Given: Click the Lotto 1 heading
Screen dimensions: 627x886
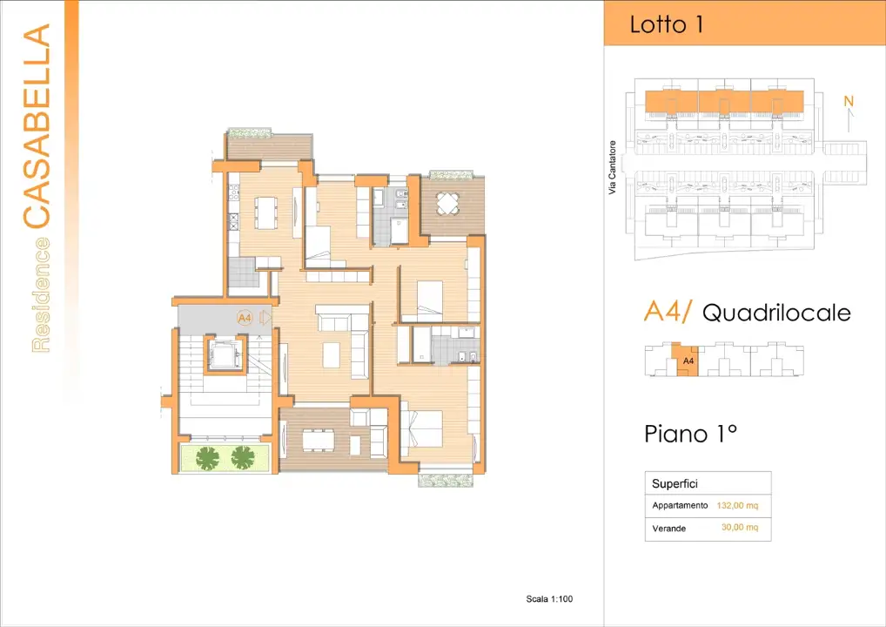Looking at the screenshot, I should click(666, 24).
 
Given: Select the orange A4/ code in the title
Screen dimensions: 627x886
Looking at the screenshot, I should click(668, 311).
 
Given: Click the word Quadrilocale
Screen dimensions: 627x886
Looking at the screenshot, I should click(775, 313).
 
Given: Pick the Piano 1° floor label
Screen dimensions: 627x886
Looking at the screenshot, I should click(690, 433).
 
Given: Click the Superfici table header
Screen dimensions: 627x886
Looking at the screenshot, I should click(675, 483).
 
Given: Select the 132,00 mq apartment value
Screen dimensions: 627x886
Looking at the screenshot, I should click(738, 505).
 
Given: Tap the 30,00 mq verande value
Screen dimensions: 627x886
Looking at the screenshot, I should click(740, 528).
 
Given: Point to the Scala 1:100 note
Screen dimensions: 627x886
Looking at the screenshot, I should click(549, 599).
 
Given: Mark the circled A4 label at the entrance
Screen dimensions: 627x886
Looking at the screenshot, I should click(245, 319).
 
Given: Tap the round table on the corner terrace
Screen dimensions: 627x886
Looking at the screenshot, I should click(447, 204).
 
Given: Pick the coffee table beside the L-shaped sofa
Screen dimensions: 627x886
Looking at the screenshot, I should click(332, 355).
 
